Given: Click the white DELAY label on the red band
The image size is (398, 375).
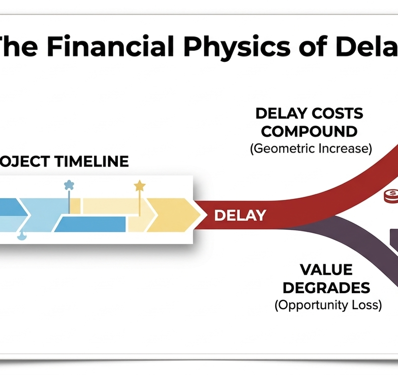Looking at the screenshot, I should pyautogui.click(x=240, y=215).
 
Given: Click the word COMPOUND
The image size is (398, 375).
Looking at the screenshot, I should pyautogui.click(x=309, y=132).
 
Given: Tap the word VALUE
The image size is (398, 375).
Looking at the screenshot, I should pyautogui.click(x=326, y=270).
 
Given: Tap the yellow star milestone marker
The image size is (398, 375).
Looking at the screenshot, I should pyautogui.click(x=140, y=186).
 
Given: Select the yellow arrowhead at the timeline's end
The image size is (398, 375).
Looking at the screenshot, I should pyautogui.click(x=172, y=214).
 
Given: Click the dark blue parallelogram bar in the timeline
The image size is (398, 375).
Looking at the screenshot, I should pyautogui.click(x=90, y=224).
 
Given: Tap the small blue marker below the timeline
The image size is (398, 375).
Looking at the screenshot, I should pyautogui.click(x=22, y=236).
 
